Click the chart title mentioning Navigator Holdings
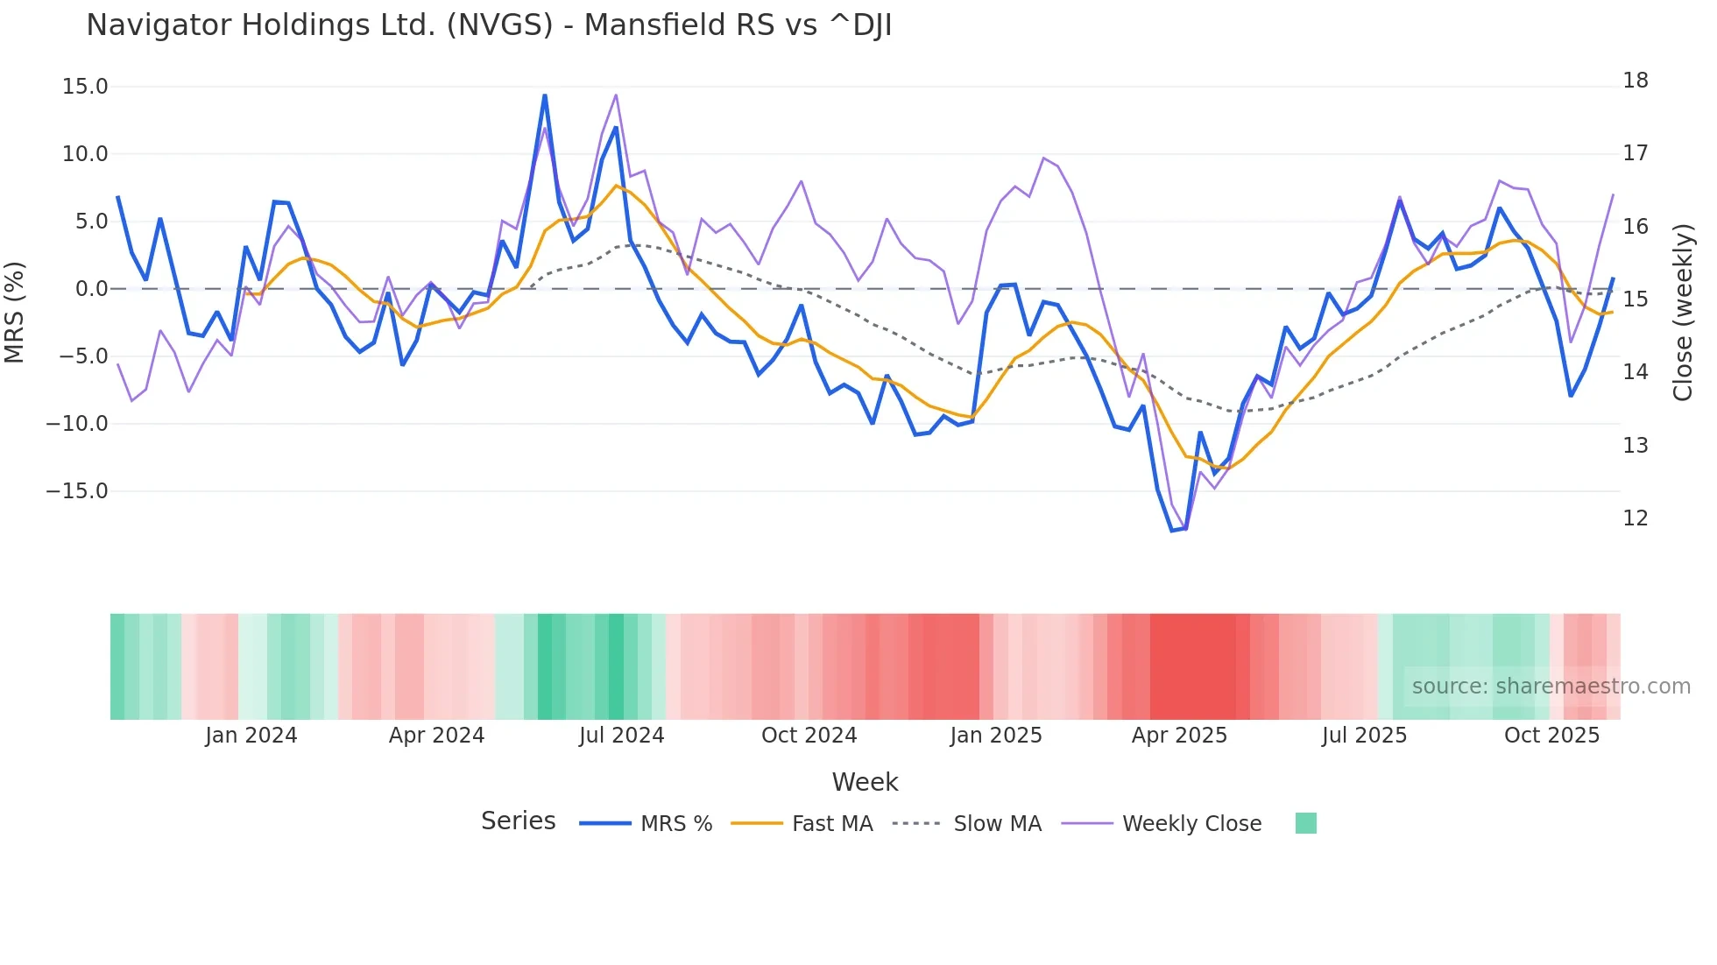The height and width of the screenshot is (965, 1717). coord(489,25)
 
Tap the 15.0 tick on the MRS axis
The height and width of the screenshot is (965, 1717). coord(85,87)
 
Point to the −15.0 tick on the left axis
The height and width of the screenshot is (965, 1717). coord(77,491)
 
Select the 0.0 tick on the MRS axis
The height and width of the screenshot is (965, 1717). coord(91,289)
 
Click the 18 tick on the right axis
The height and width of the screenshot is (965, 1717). coord(1635,81)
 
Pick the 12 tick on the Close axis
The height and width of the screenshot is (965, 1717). coord(1635,518)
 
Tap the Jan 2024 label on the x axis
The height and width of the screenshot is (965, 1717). coord(251,736)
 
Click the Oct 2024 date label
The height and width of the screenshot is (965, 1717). coord(809,736)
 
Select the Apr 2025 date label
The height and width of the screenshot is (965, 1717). coord(1179,736)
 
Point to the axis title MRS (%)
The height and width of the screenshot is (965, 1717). coord(15,312)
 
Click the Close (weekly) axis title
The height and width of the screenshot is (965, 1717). coord(1682,312)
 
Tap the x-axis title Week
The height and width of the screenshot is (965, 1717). coord(865,782)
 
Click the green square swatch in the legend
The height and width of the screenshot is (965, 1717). coord(1305,823)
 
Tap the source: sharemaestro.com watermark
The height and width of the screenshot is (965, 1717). coord(1551,687)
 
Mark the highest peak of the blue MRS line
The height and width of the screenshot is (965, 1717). coord(545,95)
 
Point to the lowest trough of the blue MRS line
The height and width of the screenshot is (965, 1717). coord(1172,531)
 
